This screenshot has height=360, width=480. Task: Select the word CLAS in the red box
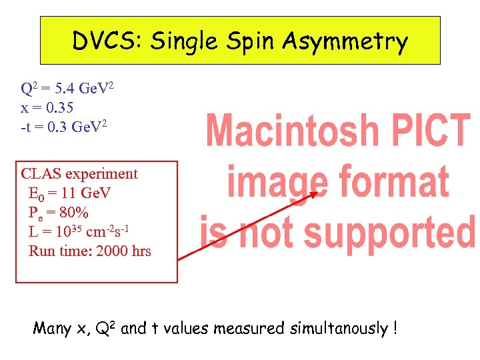pyautogui.click(x=39, y=174)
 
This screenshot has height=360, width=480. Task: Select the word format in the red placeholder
pyautogui.click(x=393, y=181)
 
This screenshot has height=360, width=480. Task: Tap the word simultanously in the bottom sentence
pyautogui.click(x=339, y=328)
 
